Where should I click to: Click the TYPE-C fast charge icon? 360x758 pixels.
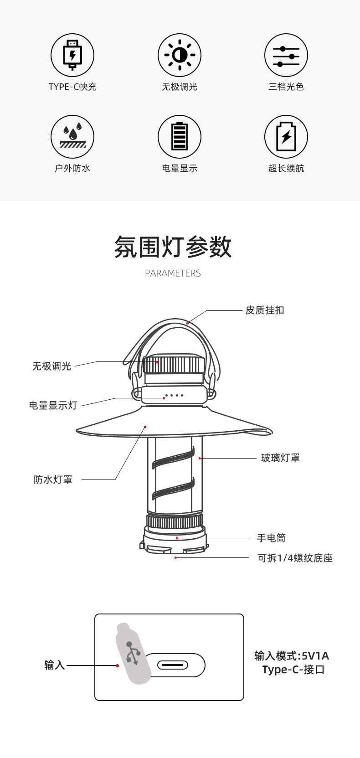[x=72, y=55]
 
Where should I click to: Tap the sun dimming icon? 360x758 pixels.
[x=180, y=55]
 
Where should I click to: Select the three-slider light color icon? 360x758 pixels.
[x=286, y=55]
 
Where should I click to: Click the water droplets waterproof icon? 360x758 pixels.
[x=72, y=137]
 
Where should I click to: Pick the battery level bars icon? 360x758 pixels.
[x=180, y=137]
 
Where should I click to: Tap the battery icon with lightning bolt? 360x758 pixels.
[x=286, y=137]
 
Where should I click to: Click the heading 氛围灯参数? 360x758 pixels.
[x=173, y=247]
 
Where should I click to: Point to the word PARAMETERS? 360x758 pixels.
[x=173, y=273]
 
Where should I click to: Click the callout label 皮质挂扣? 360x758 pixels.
[x=265, y=310]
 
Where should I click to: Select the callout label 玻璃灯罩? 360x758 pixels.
[x=280, y=458]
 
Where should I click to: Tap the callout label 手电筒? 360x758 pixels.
[x=271, y=538]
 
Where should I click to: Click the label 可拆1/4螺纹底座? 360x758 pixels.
[x=295, y=558]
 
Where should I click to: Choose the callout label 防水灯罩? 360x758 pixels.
[x=53, y=480]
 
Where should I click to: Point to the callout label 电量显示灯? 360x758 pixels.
[x=53, y=406]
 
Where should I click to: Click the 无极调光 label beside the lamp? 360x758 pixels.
[x=51, y=366]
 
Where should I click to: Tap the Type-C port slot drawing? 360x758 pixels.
[x=173, y=665]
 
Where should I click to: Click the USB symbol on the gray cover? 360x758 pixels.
[x=132, y=653]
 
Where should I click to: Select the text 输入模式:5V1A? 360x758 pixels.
[x=292, y=656]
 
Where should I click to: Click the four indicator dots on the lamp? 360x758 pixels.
[x=174, y=395]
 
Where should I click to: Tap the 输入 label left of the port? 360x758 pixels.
[x=55, y=665]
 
